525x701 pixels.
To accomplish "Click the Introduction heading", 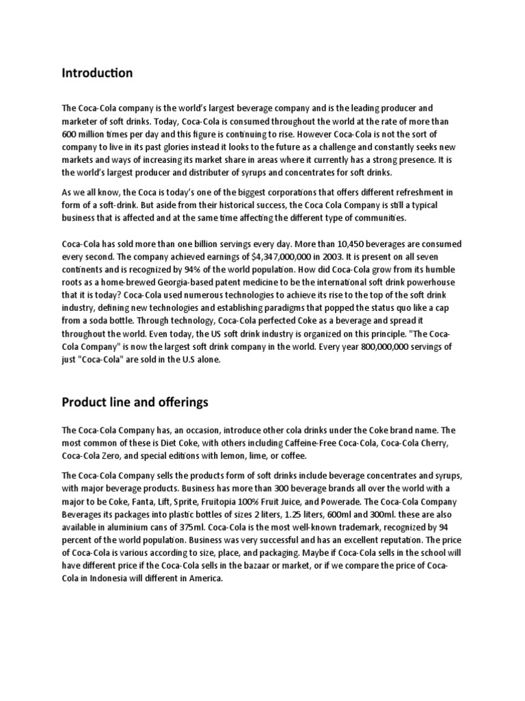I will tap(97, 73).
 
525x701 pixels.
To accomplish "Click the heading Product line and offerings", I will tap(135, 402).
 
